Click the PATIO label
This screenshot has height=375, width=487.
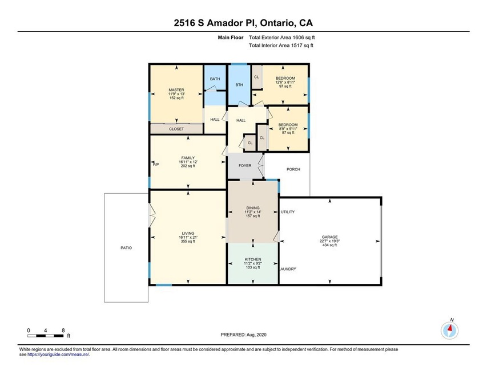[x=126, y=248]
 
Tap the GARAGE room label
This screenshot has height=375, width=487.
[x=329, y=237]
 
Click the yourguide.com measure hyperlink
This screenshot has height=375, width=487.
[x=58, y=354]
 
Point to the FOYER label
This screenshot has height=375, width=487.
[x=245, y=166]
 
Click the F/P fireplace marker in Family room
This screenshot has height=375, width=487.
[x=156, y=165]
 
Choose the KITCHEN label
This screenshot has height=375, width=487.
[x=253, y=259]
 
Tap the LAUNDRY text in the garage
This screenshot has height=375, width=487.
[x=288, y=269]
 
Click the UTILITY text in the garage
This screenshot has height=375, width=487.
[x=288, y=212]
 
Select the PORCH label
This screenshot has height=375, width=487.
[x=293, y=169]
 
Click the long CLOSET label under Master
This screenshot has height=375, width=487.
[x=176, y=129]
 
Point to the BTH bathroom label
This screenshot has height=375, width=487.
[x=239, y=85]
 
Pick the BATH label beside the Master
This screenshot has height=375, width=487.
[x=215, y=79]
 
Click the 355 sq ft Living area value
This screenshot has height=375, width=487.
[x=188, y=242]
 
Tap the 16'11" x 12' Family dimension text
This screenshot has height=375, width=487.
[x=188, y=162]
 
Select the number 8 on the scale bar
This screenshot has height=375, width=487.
[x=63, y=331]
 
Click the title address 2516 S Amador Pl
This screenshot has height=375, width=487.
[x=215, y=23]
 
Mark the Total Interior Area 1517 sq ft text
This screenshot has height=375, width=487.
[x=281, y=46]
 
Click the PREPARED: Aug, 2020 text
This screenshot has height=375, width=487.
[x=243, y=335]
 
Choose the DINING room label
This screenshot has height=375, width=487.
[x=253, y=208]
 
